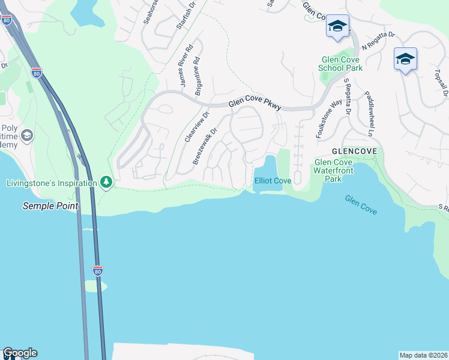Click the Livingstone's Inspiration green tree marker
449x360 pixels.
click(x=106, y=181)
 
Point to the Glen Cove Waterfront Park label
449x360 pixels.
click(x=336, y=170)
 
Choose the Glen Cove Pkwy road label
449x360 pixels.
click(x=255, y=105)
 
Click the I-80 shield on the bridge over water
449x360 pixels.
click(x=98, y=271)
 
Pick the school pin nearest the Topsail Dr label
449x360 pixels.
click(x=405, y=59)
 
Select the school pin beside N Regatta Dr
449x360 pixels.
click(x=337, y=26)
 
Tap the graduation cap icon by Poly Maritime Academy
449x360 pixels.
click(x=26, y=136)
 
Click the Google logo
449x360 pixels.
click(x=20, y=353)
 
